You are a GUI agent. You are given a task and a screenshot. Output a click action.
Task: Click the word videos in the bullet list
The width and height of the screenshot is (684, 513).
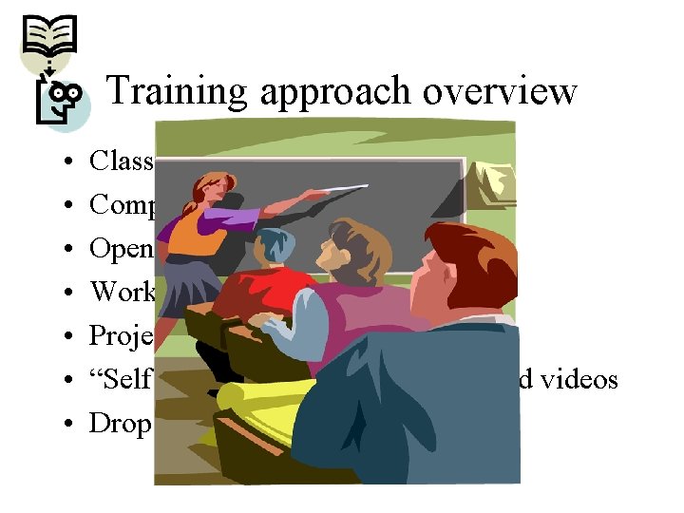click(x=579, y=379)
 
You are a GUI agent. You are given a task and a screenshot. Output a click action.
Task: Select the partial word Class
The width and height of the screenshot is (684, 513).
click(x=122, y=161)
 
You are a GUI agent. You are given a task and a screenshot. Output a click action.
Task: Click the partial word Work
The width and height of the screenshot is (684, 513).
click(x=123, y=292)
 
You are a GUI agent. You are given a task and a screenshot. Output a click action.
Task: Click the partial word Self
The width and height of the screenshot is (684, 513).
click(x=121, y=379)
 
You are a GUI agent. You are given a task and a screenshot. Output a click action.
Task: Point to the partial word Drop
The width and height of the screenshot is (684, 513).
click(x=121, y=424)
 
